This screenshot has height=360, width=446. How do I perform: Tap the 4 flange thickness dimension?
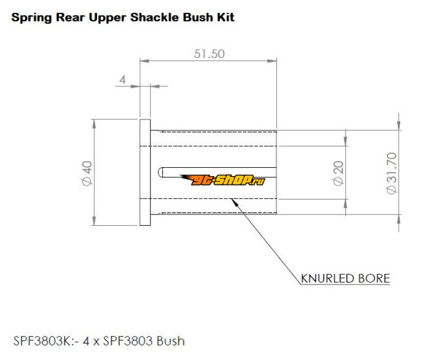pos(123,80)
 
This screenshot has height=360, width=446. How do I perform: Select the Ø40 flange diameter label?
pos(86,174)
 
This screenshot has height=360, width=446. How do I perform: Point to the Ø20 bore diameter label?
pos(338,174)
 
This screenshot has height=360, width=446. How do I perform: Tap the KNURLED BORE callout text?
pos(345,278)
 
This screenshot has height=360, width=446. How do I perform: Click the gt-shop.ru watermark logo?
pos(222,179)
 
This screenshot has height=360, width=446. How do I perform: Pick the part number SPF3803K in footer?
pos(39,340)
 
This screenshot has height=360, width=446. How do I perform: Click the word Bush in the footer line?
pos(171,340)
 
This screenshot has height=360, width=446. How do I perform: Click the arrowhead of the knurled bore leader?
pos(233,202)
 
